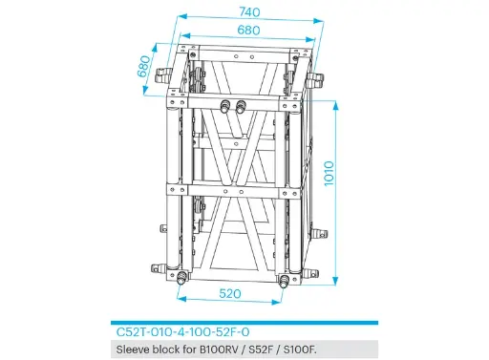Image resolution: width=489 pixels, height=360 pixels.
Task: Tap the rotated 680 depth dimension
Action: (146, 66)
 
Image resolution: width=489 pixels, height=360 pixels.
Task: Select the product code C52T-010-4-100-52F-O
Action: (182, 333)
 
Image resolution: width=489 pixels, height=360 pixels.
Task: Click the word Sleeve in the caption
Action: (132, 349)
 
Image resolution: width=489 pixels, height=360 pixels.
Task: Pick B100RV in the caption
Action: (219, 349)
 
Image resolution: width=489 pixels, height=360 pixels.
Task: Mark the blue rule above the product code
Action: (244, 323)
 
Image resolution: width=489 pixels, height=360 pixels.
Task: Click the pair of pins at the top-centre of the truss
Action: (233, 103)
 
